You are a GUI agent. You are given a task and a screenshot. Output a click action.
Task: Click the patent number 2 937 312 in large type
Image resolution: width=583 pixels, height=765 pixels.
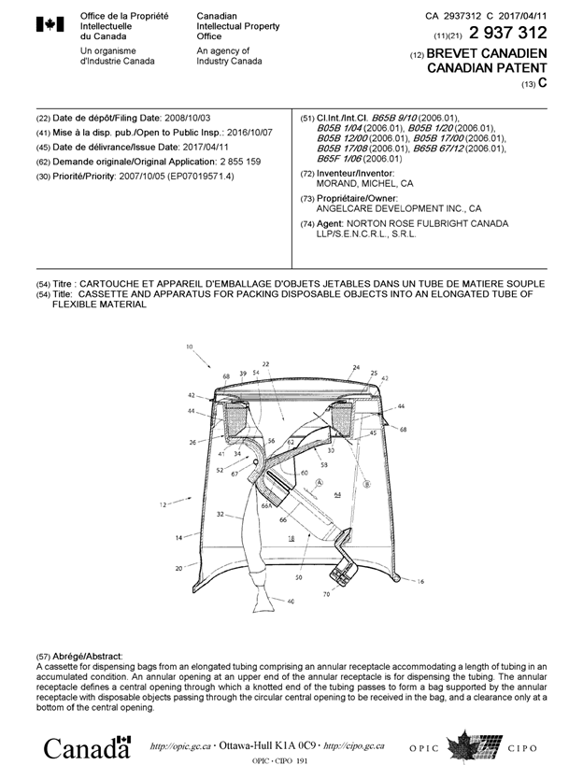tap(503, 35)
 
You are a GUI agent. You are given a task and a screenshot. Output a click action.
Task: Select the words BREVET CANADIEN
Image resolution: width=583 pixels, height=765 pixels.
tap(487, 54)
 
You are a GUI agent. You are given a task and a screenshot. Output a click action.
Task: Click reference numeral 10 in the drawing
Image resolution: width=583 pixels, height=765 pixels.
tap(190, 347)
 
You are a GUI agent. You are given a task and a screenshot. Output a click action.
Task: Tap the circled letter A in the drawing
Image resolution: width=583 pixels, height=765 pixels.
tap(320, 484)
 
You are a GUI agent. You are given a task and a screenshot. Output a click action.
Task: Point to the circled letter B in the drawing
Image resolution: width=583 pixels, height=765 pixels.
tap(366, 484)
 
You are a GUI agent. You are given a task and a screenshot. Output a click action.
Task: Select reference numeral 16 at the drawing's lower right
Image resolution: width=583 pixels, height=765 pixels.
tap(419, 581)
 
